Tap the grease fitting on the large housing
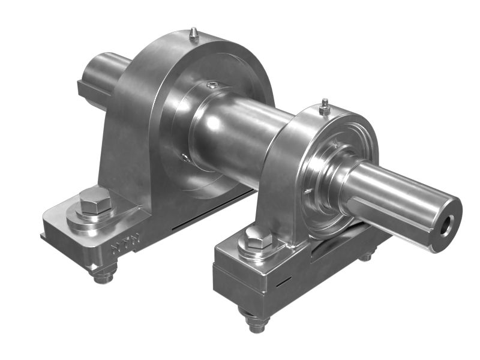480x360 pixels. [193, 34]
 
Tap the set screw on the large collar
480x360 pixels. [211, 85]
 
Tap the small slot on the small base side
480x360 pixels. [284, 280]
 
